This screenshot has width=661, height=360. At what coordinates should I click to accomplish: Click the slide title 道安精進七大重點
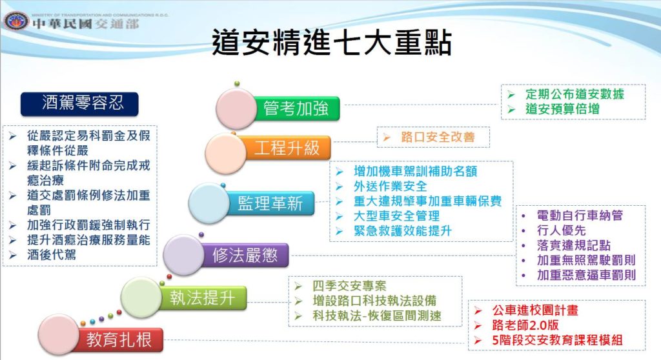tap(331, 43)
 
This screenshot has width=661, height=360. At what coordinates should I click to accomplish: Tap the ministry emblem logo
tap(16, 21)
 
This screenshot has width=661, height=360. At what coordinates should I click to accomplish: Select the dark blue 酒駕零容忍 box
tap(79, 104)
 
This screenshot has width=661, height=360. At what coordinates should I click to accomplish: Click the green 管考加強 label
tap(297, 108)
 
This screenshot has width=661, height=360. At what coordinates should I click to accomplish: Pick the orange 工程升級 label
tap(287, 148)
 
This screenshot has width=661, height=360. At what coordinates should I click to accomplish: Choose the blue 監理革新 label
tap(270, 203)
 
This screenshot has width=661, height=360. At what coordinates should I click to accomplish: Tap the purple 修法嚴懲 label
tap(245, 255)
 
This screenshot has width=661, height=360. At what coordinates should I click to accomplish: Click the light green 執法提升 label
tap(203, 297)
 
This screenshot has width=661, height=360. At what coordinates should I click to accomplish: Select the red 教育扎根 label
tap(119, 340)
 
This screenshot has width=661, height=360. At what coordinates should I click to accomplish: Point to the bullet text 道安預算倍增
tap(562, 109)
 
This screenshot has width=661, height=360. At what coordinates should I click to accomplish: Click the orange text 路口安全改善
tap(438, 137)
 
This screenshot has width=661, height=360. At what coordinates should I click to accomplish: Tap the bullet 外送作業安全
tap(391, 186)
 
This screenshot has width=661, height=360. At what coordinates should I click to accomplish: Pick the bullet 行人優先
tap(561, 230)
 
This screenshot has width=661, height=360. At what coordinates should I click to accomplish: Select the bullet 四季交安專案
tap(349, 286)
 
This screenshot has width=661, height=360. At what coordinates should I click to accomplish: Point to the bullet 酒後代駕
tap(52, 255)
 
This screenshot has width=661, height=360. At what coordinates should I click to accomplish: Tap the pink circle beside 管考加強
tap(236, 108)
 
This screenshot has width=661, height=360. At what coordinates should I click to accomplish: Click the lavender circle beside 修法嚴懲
tap(183, 255)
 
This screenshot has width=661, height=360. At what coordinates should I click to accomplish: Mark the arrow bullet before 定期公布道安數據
tap(511, 94)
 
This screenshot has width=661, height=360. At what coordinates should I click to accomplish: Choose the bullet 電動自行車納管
tap(580, 215)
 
